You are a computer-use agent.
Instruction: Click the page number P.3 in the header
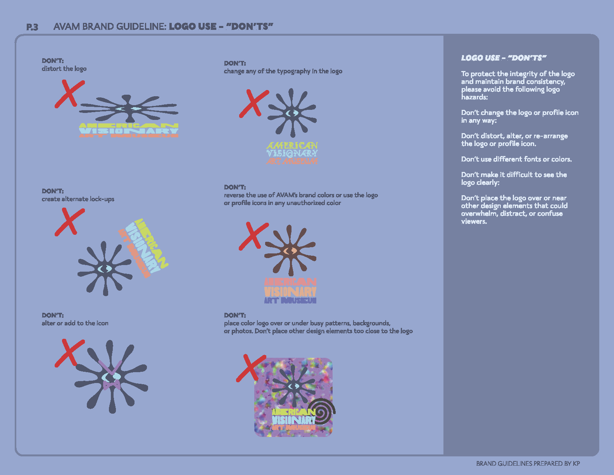(32, 27)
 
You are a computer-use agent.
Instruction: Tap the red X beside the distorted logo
(69, 94)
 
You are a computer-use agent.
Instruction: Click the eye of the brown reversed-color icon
(290, 251)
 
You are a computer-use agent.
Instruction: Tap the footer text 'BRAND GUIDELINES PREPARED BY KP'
(528, 463)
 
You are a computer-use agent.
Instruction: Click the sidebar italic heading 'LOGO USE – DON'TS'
(504, 58)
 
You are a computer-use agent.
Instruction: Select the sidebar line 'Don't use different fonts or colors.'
(516, 159)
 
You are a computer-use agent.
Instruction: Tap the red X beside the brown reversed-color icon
(254, 236)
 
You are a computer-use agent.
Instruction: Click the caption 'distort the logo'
(64, 69)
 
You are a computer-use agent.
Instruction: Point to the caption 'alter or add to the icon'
(75, 323)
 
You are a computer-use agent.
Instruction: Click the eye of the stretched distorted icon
(128, 109)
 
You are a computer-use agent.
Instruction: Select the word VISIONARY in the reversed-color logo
(290, 291)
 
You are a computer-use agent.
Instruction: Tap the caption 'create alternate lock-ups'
(78, 199)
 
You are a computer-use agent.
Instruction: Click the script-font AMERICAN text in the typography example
(292, 146)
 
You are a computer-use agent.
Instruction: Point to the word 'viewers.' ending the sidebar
(474, 222)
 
